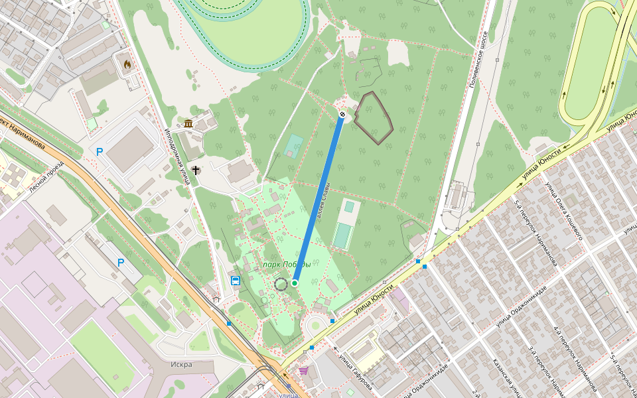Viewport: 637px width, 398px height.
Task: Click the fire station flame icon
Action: (126, 64)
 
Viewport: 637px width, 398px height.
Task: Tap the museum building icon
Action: (188, 124)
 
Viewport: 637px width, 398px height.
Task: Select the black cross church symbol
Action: (196, 170)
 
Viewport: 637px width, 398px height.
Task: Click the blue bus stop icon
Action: (235, 280)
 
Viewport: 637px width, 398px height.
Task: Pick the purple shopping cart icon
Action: (303, 370)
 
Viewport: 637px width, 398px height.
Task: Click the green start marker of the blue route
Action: (294, 283)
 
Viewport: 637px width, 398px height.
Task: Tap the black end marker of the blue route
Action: (342, 115)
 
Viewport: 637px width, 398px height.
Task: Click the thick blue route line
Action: (318, 199)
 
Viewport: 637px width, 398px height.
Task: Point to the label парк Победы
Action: (287, 265)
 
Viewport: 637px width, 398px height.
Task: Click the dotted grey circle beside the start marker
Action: (281, 285)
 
